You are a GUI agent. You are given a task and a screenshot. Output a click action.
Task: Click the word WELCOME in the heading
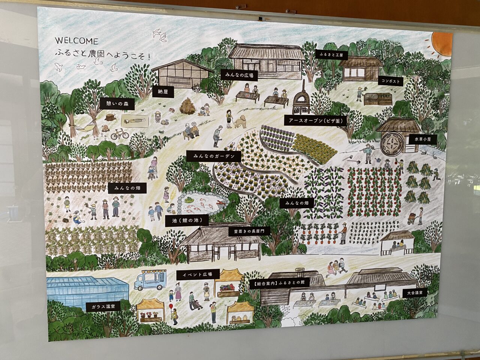pyautogui.click(x=76, y=41)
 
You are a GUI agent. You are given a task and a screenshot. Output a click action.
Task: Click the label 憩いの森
pyautogui.click(x=117, y=104)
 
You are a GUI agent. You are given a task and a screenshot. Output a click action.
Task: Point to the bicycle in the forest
pyautogui.click(x=119, y=134)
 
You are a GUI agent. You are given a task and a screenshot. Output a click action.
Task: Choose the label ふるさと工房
pyautogui.click(x=331, y=55)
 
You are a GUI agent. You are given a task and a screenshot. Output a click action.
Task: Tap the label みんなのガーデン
pyautogui.click(x=214, y=156)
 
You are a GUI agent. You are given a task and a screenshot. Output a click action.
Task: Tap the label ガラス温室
pyautogui.click(x=103, y=306)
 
